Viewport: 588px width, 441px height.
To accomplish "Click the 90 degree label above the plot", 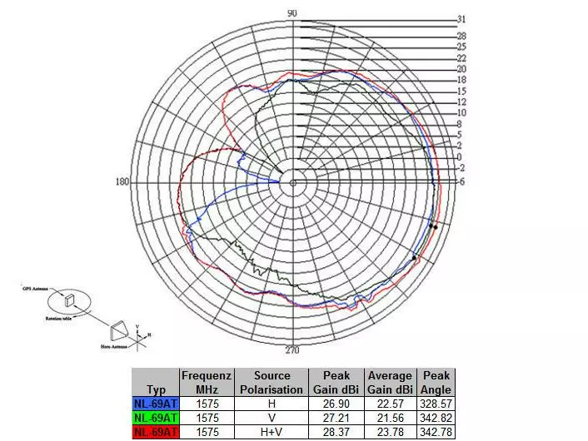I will (292, 13).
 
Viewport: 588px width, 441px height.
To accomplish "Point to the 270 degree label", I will (292, 349).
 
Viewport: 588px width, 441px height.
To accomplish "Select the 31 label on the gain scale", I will (461, 18).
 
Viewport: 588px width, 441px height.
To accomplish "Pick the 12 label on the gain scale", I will (461, 102).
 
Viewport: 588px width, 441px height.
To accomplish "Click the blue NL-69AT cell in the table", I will (155, 404).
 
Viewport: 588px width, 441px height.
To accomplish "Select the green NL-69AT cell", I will (155, 417).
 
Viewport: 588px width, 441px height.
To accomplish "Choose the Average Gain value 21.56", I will (390, 417).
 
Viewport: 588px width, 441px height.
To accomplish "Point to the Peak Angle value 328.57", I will (436, 404).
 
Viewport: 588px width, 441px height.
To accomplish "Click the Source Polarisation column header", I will (272, 382).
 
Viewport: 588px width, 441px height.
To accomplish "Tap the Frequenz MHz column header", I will (207, 382).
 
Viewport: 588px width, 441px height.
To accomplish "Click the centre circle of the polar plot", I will (292, 182).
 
